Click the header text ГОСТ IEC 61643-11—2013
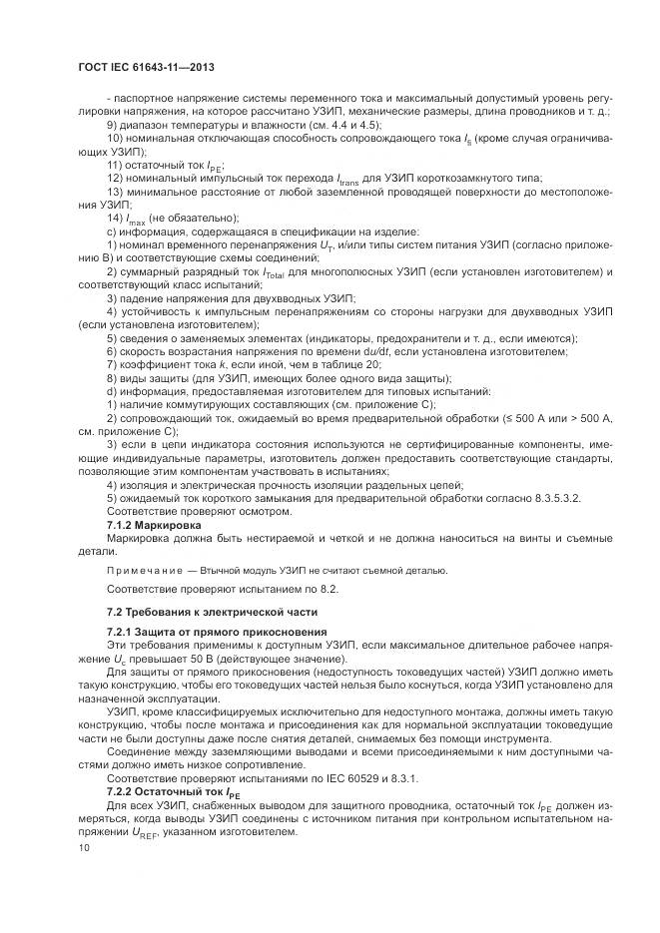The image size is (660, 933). click(x=146, y=68)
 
